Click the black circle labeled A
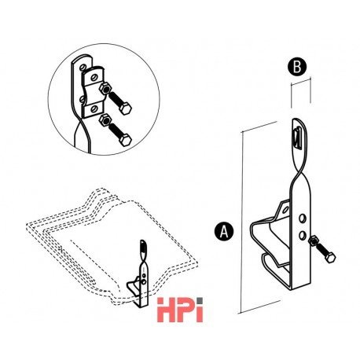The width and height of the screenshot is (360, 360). [x=223, y=231]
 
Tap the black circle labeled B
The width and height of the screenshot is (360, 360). [x=297, y=67]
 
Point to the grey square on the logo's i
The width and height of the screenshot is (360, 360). [x=200, y=301]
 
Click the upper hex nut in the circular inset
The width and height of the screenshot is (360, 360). [x=105, y=89]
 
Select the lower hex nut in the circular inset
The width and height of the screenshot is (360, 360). [x=105, y=120]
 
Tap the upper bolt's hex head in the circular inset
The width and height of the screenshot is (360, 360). [x=125, y=108]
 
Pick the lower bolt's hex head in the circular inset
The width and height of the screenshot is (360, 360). [x=125, y=140]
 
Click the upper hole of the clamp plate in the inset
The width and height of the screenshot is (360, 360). [x=94, y=78]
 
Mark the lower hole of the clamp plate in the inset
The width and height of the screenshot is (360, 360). [x=94, y=108]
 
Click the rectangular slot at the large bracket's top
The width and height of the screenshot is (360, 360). [x=297, y=139]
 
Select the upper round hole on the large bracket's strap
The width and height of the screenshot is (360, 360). [x=303, y=219]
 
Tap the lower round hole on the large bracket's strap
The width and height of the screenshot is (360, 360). [x=303, y=235]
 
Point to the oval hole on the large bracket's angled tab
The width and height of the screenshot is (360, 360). [x=285, y=210]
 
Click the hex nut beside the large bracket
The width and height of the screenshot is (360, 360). [x=314, y=241]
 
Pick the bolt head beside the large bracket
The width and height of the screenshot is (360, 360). [x=330, y=257]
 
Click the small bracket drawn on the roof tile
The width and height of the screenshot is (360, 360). [x=139, y=274]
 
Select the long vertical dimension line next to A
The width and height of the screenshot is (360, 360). [x=241, y=222]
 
